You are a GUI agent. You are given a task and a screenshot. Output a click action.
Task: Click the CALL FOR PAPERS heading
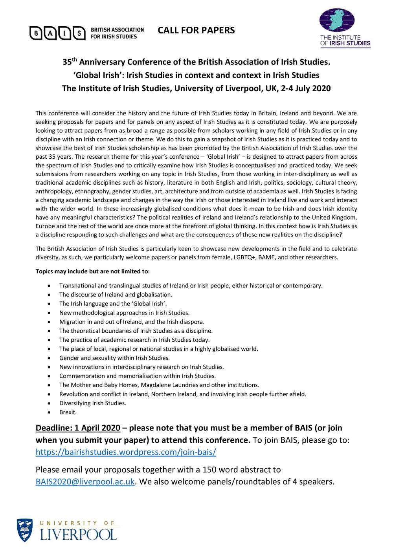(x=196, y=30)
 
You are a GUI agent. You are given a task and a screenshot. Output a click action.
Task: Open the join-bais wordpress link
(x=126, y=452)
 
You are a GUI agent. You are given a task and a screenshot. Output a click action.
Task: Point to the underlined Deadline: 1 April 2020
(x=78, y=428)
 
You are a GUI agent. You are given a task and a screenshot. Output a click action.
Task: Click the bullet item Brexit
(x=68, y=412)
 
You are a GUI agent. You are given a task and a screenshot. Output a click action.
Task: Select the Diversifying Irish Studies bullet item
(x=93, y=403)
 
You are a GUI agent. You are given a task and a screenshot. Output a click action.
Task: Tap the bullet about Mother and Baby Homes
(x=159, y=385)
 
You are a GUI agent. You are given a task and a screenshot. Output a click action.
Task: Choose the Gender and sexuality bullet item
(x=114, y=358)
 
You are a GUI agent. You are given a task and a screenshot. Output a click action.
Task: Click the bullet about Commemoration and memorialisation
(x=137, y=376)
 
